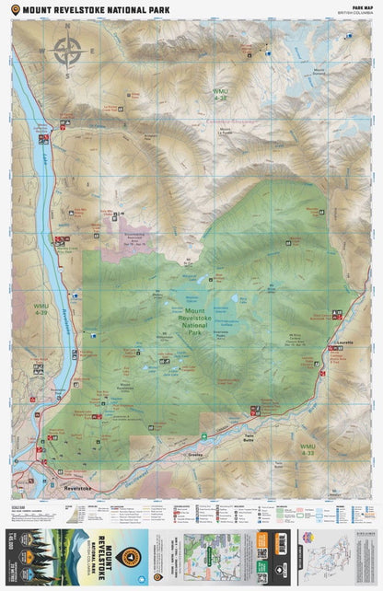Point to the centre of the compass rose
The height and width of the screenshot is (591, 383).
(67, 51)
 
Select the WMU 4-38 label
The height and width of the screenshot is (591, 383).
(220, 94)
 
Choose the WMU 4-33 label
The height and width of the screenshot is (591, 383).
(308, 449)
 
